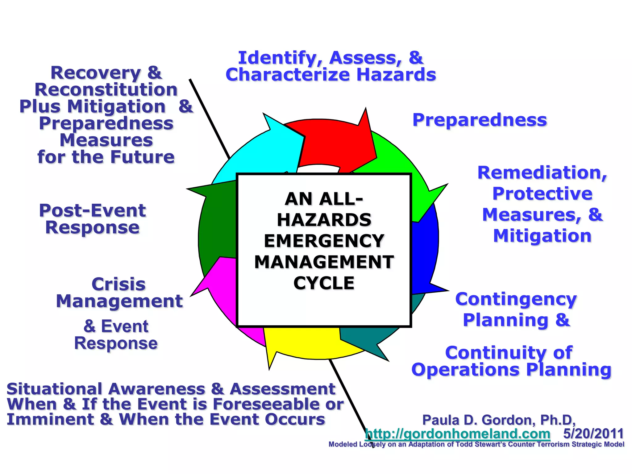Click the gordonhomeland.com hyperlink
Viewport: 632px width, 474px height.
[x=457, y=434]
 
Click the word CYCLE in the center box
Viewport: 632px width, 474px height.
[x=324, y=283]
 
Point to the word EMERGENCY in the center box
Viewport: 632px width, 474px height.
[x=324, y=241]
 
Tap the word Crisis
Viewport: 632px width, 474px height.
[x=118, y=284]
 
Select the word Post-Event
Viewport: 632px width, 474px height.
[x=92, y=211]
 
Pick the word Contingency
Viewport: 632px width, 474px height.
[x=516, y=299]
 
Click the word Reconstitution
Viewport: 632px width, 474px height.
[x=106, y=90]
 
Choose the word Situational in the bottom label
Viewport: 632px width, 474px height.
[x=54, y=389]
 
